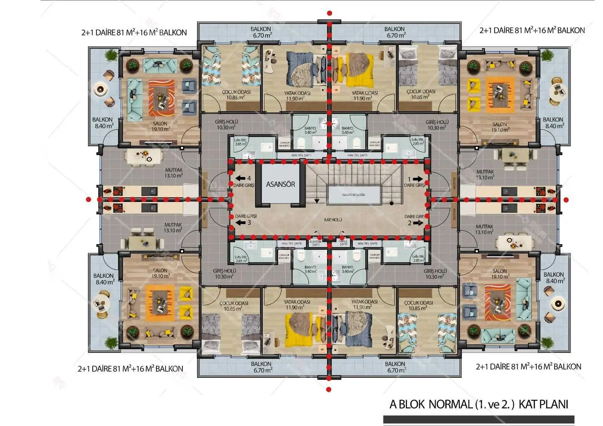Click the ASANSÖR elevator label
click(x=280, y=184)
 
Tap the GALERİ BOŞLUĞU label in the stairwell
click(x=353, y=195)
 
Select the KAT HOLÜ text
click(x=333, y=220)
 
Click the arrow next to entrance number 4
click(x=240, y=179)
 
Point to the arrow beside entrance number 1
click(x=418, y=179)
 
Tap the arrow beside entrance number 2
click(x=418, y=223)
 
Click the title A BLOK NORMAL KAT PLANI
click(x=479, y=404)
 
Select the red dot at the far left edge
click(x=89, y=199)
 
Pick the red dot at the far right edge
click(x=566, y=200)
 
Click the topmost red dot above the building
click(x=329, y=13)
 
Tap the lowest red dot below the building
click(x=329, y=389)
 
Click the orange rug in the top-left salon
click(x=161, y=98)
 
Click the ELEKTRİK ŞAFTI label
click(x=315, y=243)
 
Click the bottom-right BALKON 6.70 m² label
click(x=395, y=367)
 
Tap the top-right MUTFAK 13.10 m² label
click(x=485, y=174)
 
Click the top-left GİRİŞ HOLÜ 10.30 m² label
click(x=226, y=125)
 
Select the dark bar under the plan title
click(x=479, y=419)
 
